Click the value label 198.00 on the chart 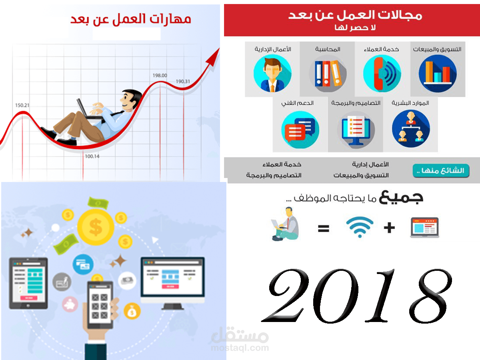[x=160, y=75]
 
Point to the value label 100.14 [x=92, y=156]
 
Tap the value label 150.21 [x=23, y=106]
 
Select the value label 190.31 [x=183, y=82]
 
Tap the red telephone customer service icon [x=382, y=74]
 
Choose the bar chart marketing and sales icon [x=437, y=74]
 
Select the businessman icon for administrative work [x=272, y=74]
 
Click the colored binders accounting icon [x=327, y=74]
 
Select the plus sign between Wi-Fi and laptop [x=389, y=228]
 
